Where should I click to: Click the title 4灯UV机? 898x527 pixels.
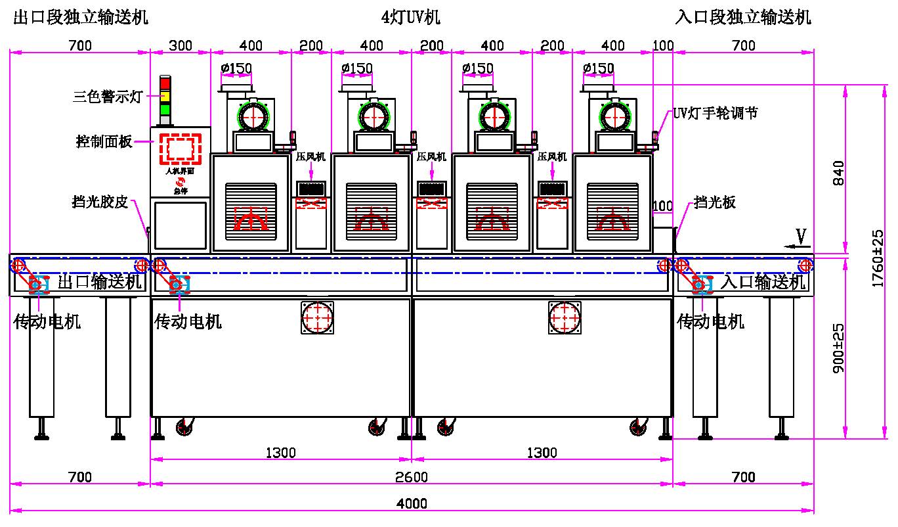pos(410,18)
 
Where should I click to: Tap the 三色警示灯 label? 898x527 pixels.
pos(107,97)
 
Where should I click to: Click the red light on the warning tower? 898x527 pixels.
pos(165,84)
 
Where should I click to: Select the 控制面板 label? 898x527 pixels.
pos(104,141)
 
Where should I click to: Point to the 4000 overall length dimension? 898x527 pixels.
pos(412,503)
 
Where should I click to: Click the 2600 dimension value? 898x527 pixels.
pos(412,476)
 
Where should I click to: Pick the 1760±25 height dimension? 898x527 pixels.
pos(877,258)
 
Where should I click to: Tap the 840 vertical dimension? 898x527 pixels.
pos(838,173)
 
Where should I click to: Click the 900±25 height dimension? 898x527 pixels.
pos(838,348)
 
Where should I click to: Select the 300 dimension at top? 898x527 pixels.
pos(181,45)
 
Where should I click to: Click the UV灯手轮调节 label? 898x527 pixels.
pos(715,113)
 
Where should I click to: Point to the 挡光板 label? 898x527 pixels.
pos(715,202)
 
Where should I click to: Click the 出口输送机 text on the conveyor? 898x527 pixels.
pos(100,283)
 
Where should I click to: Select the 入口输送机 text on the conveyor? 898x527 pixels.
pos(763,283)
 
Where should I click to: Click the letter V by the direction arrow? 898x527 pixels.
pos(801,235)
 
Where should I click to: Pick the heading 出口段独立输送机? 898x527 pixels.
pos(81,18)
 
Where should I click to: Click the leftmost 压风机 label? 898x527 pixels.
pos(311,157)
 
